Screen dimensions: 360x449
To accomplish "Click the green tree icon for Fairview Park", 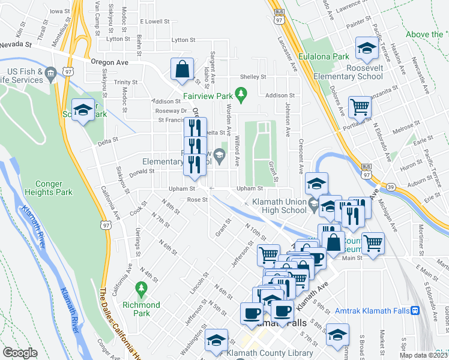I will (x=241, y=93).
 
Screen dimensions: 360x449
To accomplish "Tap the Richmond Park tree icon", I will (x=142, y=289).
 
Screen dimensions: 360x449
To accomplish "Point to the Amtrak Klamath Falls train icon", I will (x=415, y=311).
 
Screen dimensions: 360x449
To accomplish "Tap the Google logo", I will (x=20, y=353).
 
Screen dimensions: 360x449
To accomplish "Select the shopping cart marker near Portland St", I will (x=360, y=107).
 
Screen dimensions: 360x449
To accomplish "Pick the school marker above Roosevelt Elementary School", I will (x=366, y=47).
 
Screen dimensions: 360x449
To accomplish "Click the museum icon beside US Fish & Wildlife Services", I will (x=50, y=73).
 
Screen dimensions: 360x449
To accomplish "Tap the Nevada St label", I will (x=16, y=44).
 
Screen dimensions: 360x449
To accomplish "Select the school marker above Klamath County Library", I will (x=217, y=340).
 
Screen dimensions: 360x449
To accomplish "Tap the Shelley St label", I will (x=253, y=77).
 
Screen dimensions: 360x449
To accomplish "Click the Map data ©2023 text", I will (x=423, y=355).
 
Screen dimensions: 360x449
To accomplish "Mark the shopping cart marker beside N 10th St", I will (x=268, y=254).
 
